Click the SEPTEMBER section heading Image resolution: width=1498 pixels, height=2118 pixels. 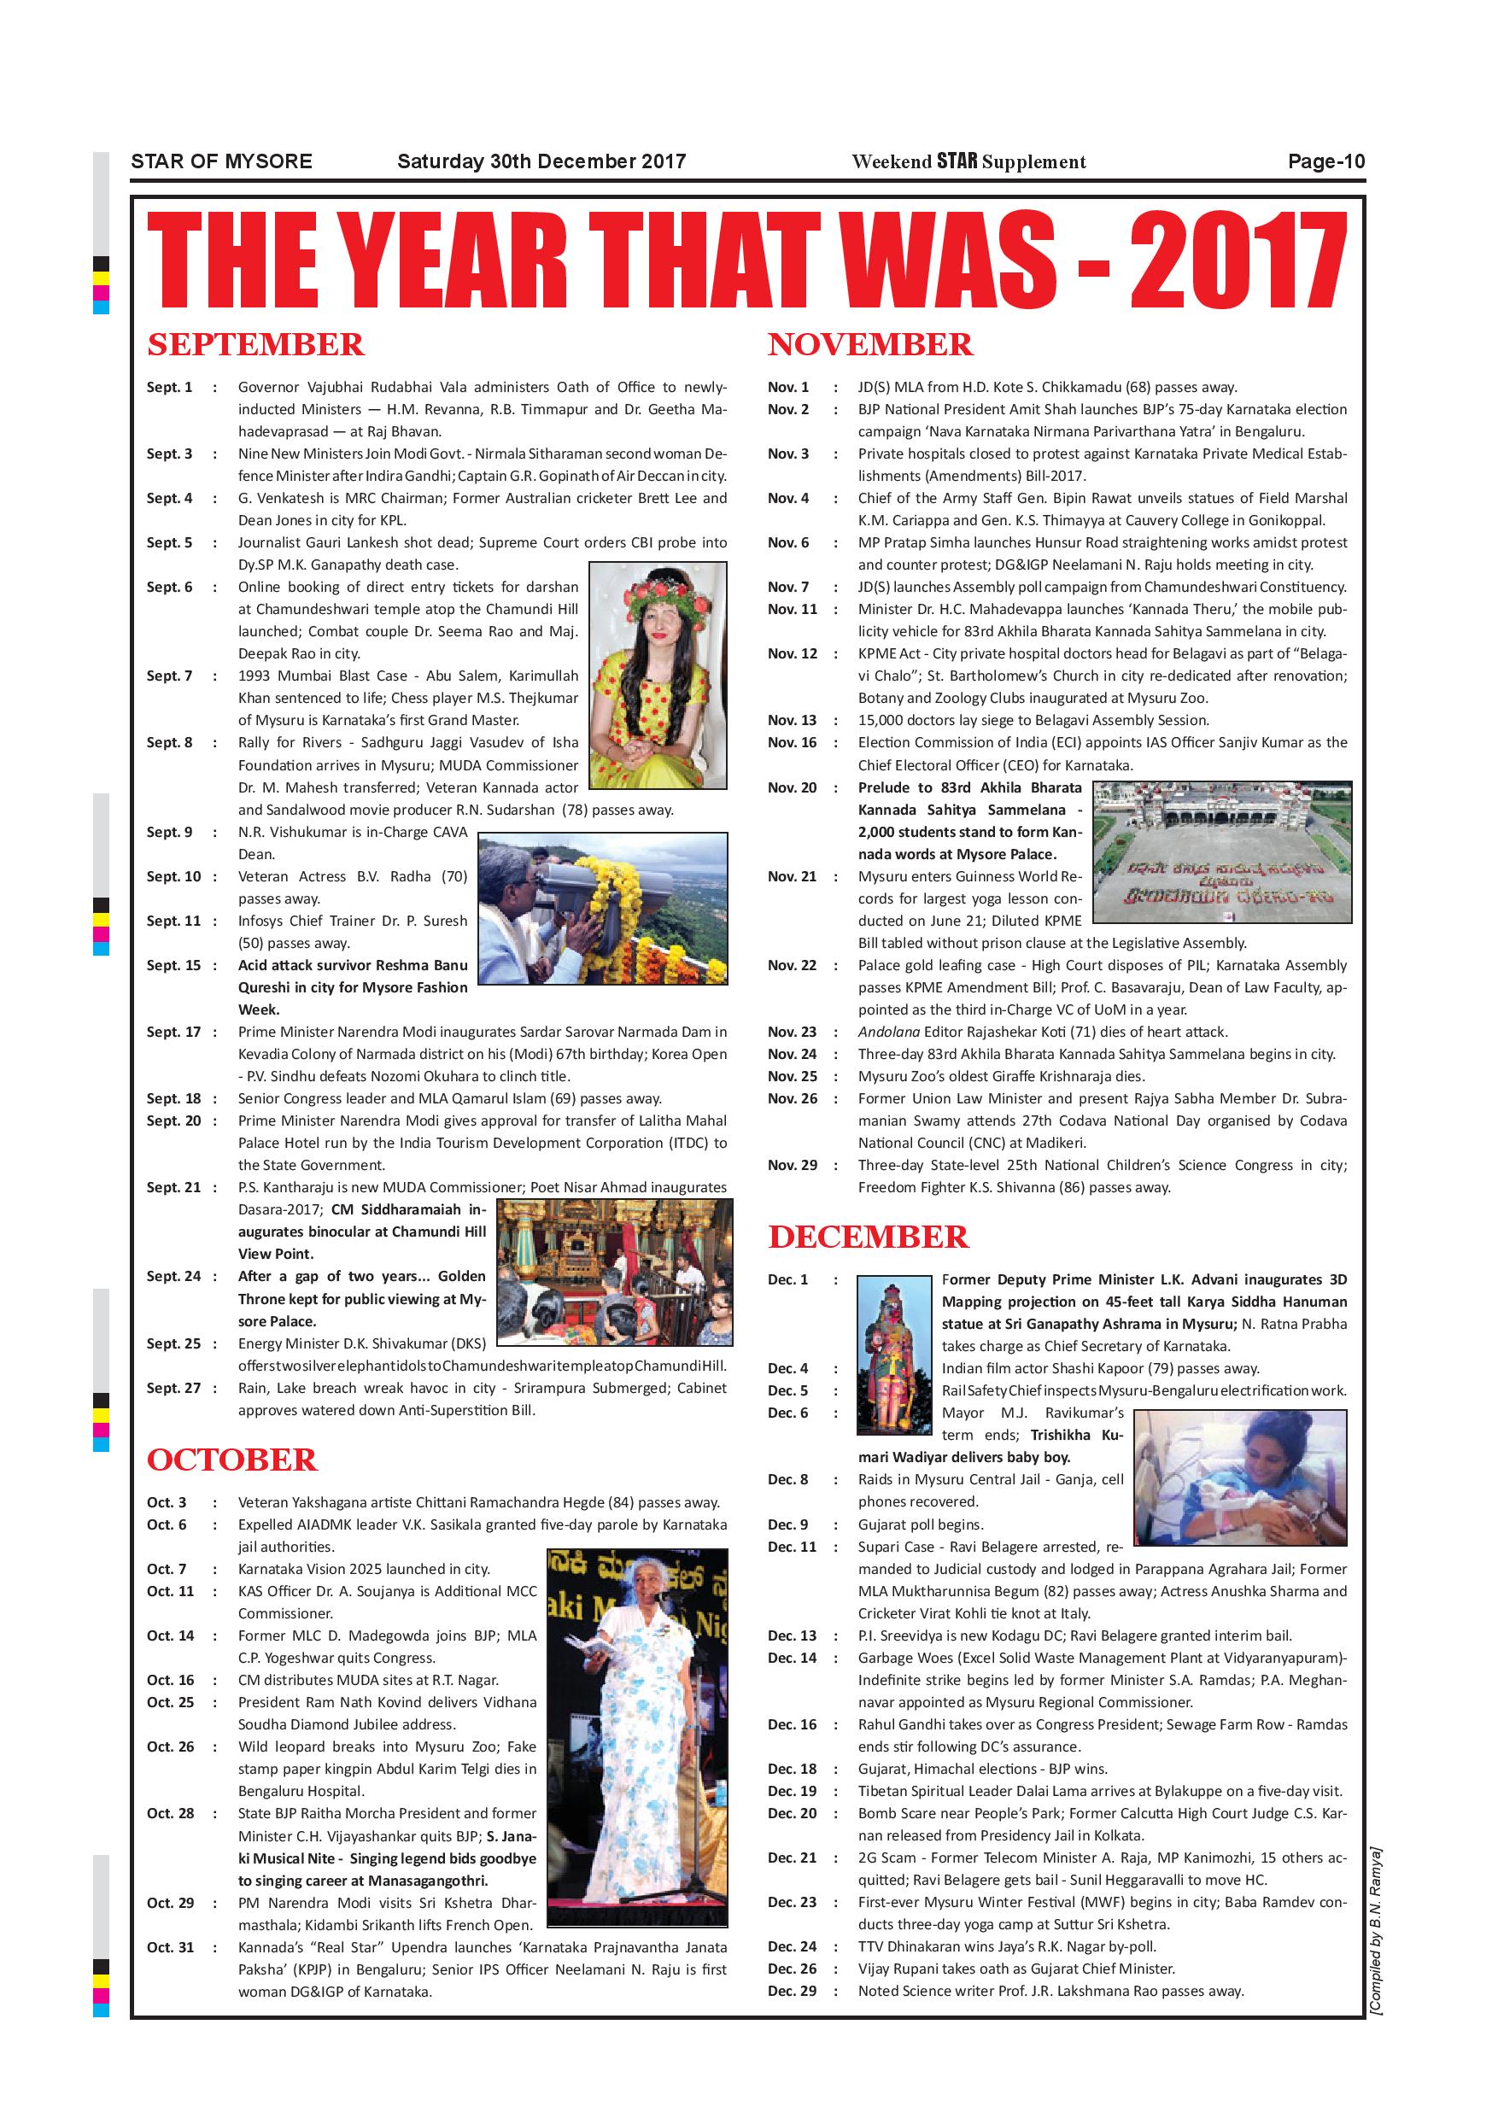click(255, 345)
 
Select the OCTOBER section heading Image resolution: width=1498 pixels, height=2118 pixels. click(231, 1460)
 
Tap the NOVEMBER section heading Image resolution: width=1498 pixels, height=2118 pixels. click(869, 345)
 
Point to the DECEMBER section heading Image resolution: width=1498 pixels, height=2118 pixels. click(868, 1237)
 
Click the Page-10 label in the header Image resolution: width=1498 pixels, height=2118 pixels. click(1325, 161)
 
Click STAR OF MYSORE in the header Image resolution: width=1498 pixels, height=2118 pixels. click(221, 161)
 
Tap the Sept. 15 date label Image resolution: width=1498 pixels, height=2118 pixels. click(173, 965)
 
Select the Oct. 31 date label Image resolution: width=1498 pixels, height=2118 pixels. click(171, 1947)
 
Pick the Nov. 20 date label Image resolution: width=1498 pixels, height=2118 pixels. click(793, 787)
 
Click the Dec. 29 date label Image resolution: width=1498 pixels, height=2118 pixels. click(792, 1991)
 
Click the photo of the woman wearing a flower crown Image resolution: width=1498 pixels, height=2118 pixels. click(658, 675)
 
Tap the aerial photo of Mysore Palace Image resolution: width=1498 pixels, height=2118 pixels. click(1221, 851)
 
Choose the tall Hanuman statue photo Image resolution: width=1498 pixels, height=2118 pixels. click(892, 1354)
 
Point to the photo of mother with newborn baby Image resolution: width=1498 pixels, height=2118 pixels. click(1239, 1477)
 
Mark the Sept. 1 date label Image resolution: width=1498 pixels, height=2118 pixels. click(170, 388)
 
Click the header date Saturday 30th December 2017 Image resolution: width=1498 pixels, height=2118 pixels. click(541, 161)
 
